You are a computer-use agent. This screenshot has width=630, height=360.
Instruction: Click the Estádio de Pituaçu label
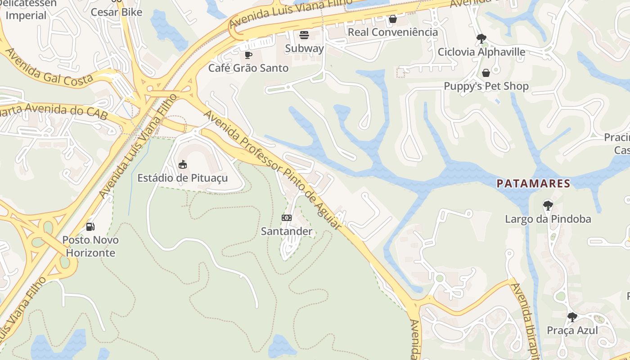click(182, 178)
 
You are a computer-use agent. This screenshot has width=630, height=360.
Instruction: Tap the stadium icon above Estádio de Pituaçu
click(183, 165)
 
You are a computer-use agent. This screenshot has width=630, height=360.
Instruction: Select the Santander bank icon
click(287, 218)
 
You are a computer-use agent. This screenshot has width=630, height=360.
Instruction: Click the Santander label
click(287, 231)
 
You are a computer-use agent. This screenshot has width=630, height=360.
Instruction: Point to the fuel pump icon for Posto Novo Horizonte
click(90, 226)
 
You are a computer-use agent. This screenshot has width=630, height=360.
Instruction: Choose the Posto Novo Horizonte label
click(90, 246)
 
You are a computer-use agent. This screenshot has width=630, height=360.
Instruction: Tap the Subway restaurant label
click(305, 48)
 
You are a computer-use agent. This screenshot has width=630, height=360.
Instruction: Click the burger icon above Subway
click(305, 35)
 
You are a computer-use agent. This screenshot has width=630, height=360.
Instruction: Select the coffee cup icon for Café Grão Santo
click(248, 55)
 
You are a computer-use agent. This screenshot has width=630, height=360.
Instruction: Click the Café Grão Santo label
click(248, 68)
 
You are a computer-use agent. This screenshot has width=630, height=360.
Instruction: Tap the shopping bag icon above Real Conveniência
click(393, 19)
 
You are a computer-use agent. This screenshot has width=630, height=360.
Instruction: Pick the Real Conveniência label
click(393, 32)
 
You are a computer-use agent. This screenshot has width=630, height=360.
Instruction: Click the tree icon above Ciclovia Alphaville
click(481, 38)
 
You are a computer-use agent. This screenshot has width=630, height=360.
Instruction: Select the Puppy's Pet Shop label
click(486, 86)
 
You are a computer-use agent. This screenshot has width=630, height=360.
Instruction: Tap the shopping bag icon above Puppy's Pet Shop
click(486, 73)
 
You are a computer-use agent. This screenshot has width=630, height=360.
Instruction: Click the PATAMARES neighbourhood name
click(533, 184)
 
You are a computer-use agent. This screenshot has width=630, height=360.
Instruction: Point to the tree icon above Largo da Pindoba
click(548, 206)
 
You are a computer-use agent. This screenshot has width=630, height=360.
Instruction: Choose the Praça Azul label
click(572, 330)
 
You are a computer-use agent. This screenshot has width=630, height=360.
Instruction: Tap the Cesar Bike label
click(117, 12)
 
